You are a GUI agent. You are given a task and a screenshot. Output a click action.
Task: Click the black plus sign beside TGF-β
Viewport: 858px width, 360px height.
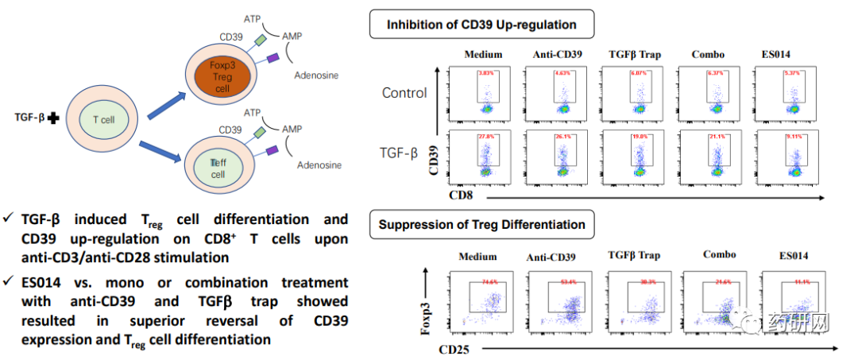[x=53, y=118]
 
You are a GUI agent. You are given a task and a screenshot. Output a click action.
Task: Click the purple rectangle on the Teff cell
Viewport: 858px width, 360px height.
[x=272, y=149]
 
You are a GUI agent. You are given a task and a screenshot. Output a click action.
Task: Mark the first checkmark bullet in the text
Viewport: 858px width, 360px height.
[x=8, y=219]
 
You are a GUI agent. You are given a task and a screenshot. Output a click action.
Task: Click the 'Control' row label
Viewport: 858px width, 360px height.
[x=404, y=93]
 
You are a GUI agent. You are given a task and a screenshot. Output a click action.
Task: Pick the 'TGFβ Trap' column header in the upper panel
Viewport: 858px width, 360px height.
[x=633, y=54]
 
